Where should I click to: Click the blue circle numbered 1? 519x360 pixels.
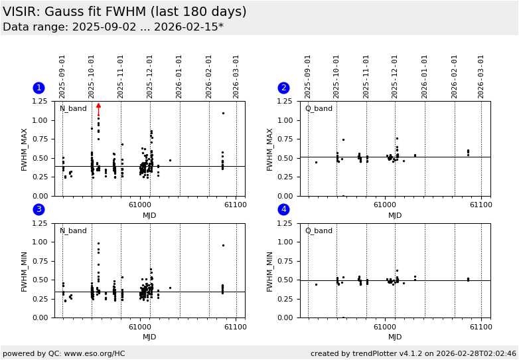coord(38,88)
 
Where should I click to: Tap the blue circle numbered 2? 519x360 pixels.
coord(284,88)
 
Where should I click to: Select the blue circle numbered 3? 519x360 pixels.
coord(38,210)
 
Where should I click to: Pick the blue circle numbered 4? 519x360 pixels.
coord(284,210)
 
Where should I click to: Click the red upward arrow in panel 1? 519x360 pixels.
coord(98,110)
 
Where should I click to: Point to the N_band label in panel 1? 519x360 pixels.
coord(73,108)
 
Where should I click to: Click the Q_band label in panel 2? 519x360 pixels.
coord(319,108)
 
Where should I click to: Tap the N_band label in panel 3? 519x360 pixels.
coord(73,230)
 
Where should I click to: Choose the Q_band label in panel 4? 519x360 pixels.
coord(319,230)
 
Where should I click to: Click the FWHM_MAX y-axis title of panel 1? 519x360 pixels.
coord(25,149)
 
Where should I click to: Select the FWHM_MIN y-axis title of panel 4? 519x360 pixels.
coord(270,271)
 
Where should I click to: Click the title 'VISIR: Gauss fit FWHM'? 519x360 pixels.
coord(124,12)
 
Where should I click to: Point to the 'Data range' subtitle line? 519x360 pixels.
coord(113,27)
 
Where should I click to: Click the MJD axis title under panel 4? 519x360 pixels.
coord(395,337)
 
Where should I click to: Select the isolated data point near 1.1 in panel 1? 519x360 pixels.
coord(223,113)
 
